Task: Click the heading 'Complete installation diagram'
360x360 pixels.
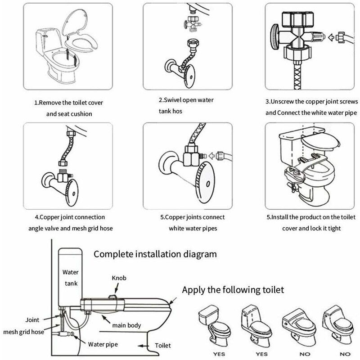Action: click(x=155, y=254)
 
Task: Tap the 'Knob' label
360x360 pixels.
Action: click(x=119, y=278)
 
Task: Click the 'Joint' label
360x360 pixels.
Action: click(x=32, y=320)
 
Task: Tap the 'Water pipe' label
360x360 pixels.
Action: click(x=103, y=344)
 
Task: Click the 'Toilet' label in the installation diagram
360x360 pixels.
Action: click(x=162, y=346)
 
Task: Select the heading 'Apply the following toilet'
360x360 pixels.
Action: click(x=233, y=289)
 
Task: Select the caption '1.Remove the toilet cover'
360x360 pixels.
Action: click(x=69, y=103)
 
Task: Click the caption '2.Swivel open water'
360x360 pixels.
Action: click(x=186, y=100)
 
